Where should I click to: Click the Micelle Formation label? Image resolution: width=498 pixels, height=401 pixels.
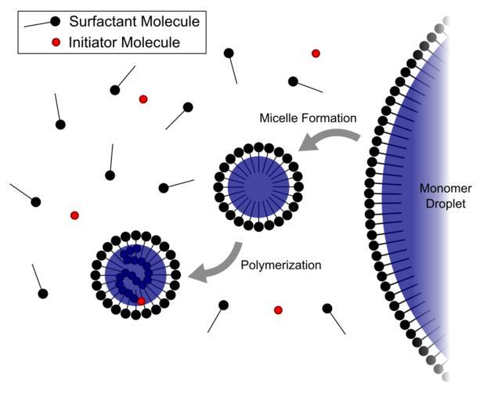(308, 118)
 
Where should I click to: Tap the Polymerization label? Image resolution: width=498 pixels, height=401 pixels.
(280, 266)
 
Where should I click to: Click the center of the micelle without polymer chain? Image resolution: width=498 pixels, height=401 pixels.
(258, 187)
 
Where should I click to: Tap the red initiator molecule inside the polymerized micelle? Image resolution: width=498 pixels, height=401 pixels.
(141, 302)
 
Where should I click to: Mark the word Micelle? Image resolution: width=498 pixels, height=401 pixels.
(277, 118)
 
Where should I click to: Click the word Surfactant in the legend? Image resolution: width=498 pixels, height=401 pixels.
(99, 21)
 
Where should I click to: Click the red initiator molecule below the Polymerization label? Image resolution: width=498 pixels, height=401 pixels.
(278, 310)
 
